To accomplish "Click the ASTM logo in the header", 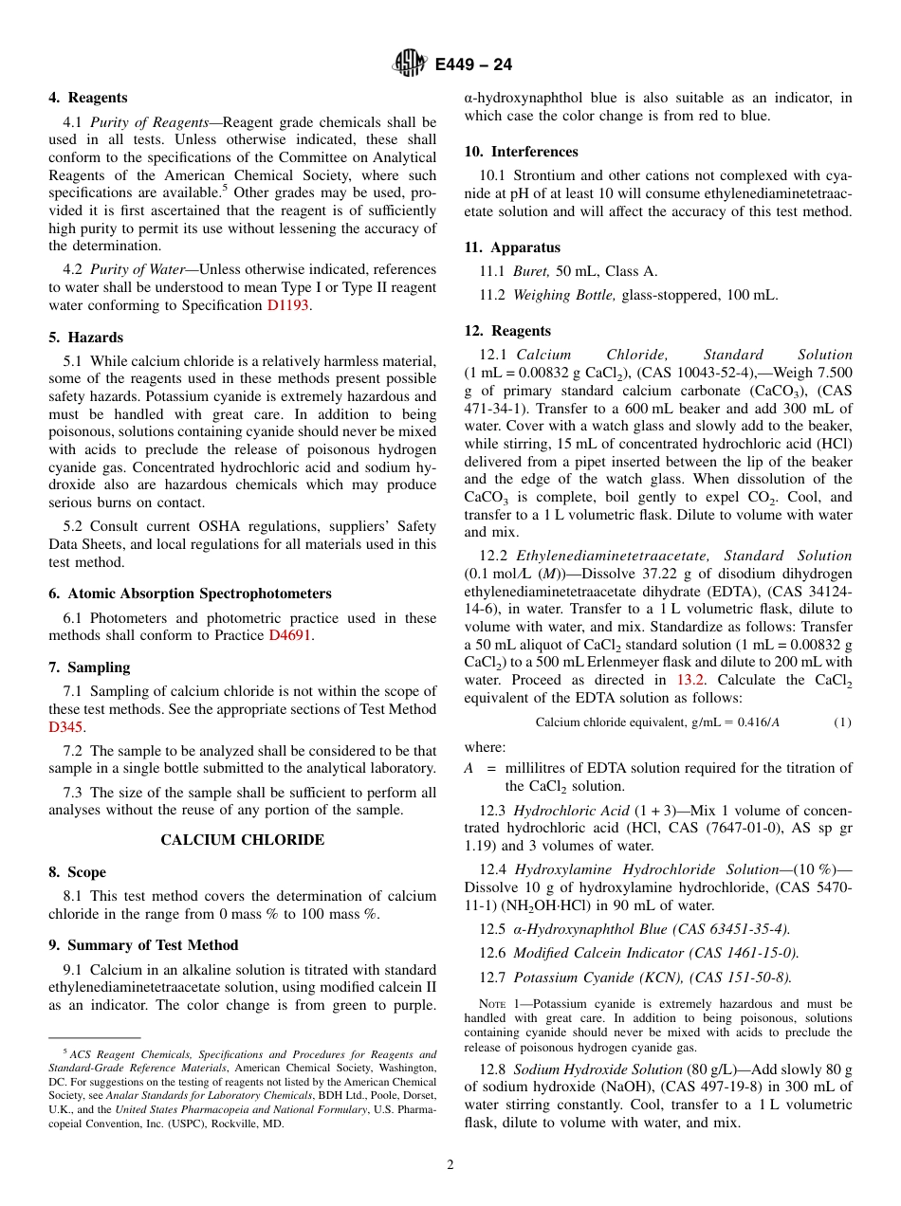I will (x=411, y=64).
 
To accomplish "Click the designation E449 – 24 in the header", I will (x=473, y=64).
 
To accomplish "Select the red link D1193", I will (x=287, y=305).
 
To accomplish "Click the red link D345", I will (x=65, y=727).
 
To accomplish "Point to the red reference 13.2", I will (x=690, y=680).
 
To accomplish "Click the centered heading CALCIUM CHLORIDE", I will (x=242, y=840).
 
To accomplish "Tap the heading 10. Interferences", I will (x=521, y=152).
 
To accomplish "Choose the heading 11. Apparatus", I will (x=511, y=247).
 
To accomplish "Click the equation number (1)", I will (x=842, y=722).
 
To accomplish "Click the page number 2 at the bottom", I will (x=450, y=1165).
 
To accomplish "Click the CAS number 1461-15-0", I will (x=753, y=953).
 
